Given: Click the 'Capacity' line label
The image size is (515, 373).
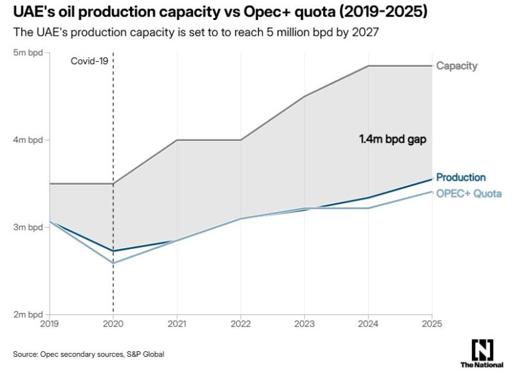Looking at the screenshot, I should [456, 66].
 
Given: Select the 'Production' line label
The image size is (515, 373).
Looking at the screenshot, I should [460, 177].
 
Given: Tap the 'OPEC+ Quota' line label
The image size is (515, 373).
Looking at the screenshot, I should [469, 194].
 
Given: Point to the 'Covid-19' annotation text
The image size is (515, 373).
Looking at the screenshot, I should [89, 61].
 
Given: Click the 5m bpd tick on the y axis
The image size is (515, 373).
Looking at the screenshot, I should [29, 53].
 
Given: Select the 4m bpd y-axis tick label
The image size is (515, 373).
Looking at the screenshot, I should [29, 140].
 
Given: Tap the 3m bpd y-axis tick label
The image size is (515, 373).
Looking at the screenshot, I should [29, 228].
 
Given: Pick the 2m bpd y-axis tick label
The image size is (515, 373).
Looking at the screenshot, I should [29, 314].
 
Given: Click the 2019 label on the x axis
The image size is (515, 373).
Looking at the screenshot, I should [50, 325].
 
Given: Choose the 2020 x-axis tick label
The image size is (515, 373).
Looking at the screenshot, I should [113, 325].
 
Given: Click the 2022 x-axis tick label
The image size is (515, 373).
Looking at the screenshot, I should [241, 325].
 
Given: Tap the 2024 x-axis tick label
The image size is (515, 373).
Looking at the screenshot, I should [368, 325].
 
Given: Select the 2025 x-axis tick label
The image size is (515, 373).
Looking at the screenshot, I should [432, 325].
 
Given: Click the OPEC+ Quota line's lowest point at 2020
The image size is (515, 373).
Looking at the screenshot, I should [114, 263].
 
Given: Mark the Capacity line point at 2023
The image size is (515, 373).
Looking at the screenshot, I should [304, 96].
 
